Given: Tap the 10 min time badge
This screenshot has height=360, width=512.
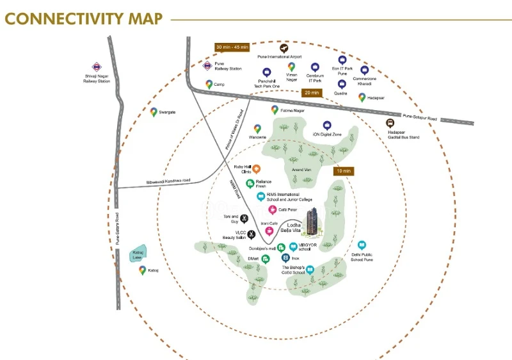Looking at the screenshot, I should pyautogui.click(x=344, y=172).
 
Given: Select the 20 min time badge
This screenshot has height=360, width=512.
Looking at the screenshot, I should pyautogui.click(x=312, y=93).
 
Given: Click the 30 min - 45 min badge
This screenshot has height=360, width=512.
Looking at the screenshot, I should pyautogui.click(x=232, y=47).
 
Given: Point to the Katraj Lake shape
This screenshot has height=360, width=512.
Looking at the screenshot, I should pyautogui.click(x=138, y=254).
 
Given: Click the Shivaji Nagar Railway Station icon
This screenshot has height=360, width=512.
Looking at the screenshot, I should pyautogui.click(x=96, y=66).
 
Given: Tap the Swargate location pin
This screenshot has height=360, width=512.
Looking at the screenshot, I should pyautogui.click(x=154, y=111).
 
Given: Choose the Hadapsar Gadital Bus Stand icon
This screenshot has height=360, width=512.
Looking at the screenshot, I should pyautogui.click(x=390, y=123).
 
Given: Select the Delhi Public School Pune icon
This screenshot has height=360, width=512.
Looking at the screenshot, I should pyautogui.click(x=362, y=245).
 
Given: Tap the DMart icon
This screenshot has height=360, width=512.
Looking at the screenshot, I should pyautogui.click(x=266, y=259).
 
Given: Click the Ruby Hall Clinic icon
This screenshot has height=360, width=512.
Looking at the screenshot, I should pyautogui.click(x=256, y=169).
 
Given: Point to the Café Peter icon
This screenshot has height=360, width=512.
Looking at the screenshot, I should pyautogui.click(x=272, y=209).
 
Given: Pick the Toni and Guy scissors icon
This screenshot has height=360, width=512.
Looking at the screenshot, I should pyautogui.click(x=244, y=218).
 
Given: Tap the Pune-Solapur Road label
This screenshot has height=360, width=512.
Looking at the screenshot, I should pyautogui.click(x=420, y=118).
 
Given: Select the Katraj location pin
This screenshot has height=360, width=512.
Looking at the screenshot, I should pyautogui.click(x=142, y=270).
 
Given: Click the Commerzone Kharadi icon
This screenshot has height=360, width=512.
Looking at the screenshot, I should pyautogui.click(x=364, y=70).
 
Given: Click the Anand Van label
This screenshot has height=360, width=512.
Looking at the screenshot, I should pyautogui.click(x=301, y=169).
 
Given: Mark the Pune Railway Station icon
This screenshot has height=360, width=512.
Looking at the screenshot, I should pyautogui.click(x=207, y=65).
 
